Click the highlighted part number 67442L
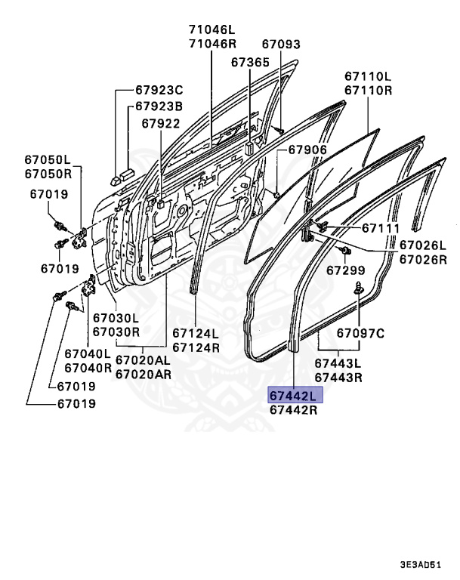pyautogui.click(x=295, y=395)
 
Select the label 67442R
pyautogui.click(x=295, y=410)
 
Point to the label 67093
pyautogui.click(x=281, y=45)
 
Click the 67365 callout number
pyautogui.click(x=250, y=62)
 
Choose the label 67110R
pyautogui.click(x=368, y=91)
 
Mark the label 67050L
pyautogui.click(x=45, y=159)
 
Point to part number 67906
pyautogui.click(x=307, y=150)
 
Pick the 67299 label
pyautogui.click(x=346, y=270)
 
